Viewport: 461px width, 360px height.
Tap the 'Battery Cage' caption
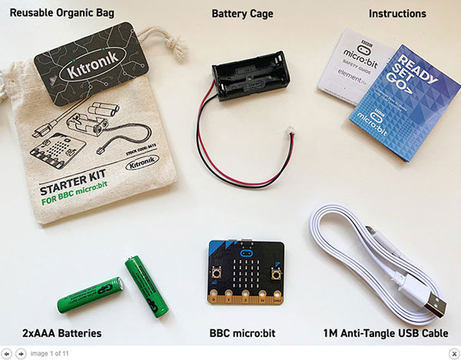242,14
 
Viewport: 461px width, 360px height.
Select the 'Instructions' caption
397,14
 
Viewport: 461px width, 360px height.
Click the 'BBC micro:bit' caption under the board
242,333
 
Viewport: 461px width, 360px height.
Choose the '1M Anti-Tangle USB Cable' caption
386,333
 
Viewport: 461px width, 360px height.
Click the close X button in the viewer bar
453,353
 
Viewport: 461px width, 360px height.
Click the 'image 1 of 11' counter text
50,353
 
